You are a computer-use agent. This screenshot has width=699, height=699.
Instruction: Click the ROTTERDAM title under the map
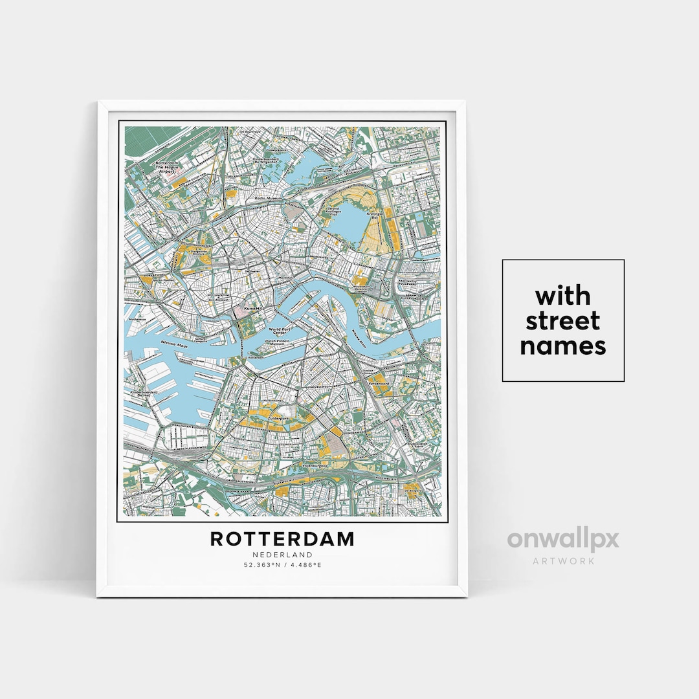pos(282,538)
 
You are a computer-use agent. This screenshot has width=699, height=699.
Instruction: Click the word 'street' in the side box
pos(563,321)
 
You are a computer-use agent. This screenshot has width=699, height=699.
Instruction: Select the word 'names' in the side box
pos(563,346)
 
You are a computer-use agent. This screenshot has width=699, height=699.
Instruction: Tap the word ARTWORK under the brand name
pos(562,561)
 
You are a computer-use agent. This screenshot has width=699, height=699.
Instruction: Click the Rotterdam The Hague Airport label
pos(167,168)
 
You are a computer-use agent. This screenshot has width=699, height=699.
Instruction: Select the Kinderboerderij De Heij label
pos(146,394)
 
